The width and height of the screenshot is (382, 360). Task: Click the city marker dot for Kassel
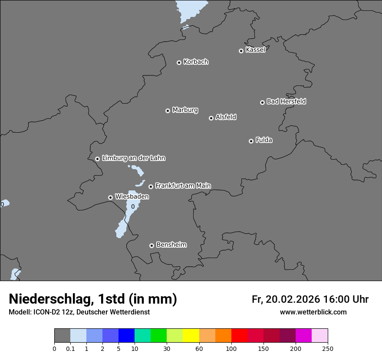[241, 51]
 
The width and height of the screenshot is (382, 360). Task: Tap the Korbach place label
[196, 62]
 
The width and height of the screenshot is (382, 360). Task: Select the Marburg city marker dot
[168, 111]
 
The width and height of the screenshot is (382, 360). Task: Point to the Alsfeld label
[226, 117]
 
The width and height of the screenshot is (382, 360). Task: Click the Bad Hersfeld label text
[286, 101]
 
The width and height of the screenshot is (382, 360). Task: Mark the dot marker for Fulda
[251, 141]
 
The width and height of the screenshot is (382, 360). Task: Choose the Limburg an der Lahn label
[133, 158]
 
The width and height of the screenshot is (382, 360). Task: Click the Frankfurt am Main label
[183, 186]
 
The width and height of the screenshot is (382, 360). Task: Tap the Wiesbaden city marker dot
[110, 197]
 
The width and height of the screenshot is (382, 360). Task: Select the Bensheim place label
[171, 245]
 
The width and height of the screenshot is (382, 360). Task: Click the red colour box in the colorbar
[239, 336]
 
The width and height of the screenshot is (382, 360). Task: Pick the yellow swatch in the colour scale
[191, 336]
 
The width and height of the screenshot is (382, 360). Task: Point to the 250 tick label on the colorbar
[328, 348]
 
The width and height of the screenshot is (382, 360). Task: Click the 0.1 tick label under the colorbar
[70, 348]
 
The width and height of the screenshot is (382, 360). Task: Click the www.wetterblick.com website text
[313, 312]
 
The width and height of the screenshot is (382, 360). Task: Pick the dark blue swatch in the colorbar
[126, 336]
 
